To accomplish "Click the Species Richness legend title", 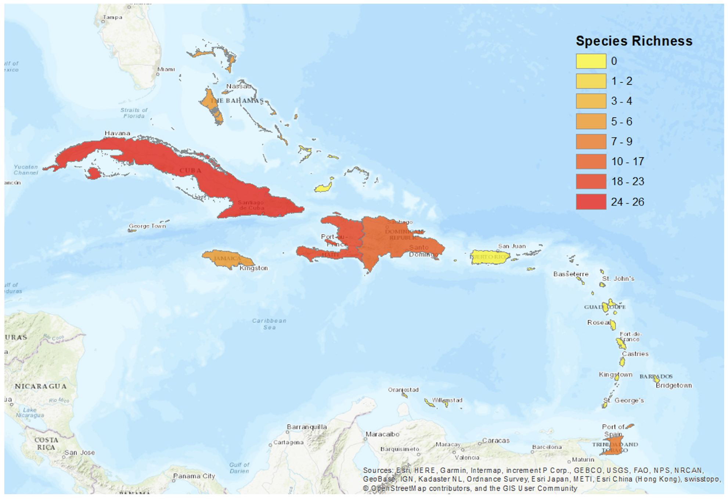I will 634,41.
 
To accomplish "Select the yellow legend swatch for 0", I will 591,61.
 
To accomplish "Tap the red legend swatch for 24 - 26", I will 591,202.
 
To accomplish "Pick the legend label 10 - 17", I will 627,161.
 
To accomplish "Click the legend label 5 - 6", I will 621,121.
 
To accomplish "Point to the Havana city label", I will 117,133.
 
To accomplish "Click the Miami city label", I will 166,69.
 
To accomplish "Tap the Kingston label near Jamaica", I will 253,268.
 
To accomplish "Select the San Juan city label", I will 512,246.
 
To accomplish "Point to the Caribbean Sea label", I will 269,324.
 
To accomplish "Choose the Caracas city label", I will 495,440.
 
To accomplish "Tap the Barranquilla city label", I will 307,427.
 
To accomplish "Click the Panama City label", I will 194,476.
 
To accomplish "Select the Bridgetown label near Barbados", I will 674,385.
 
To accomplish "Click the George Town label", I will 147,226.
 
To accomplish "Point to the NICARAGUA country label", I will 40,386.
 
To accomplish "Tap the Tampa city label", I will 112,17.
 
